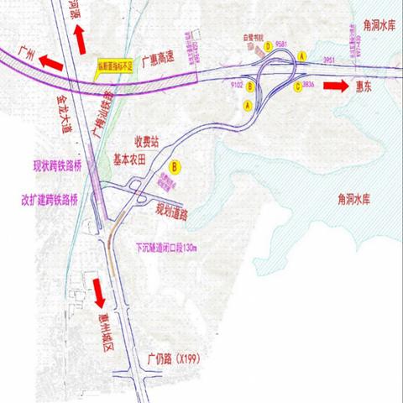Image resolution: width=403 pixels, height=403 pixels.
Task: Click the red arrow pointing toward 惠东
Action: pos(336,86)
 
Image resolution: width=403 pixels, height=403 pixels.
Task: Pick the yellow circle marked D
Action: pos(267,47)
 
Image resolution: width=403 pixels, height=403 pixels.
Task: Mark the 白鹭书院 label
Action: pos(253,39)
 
